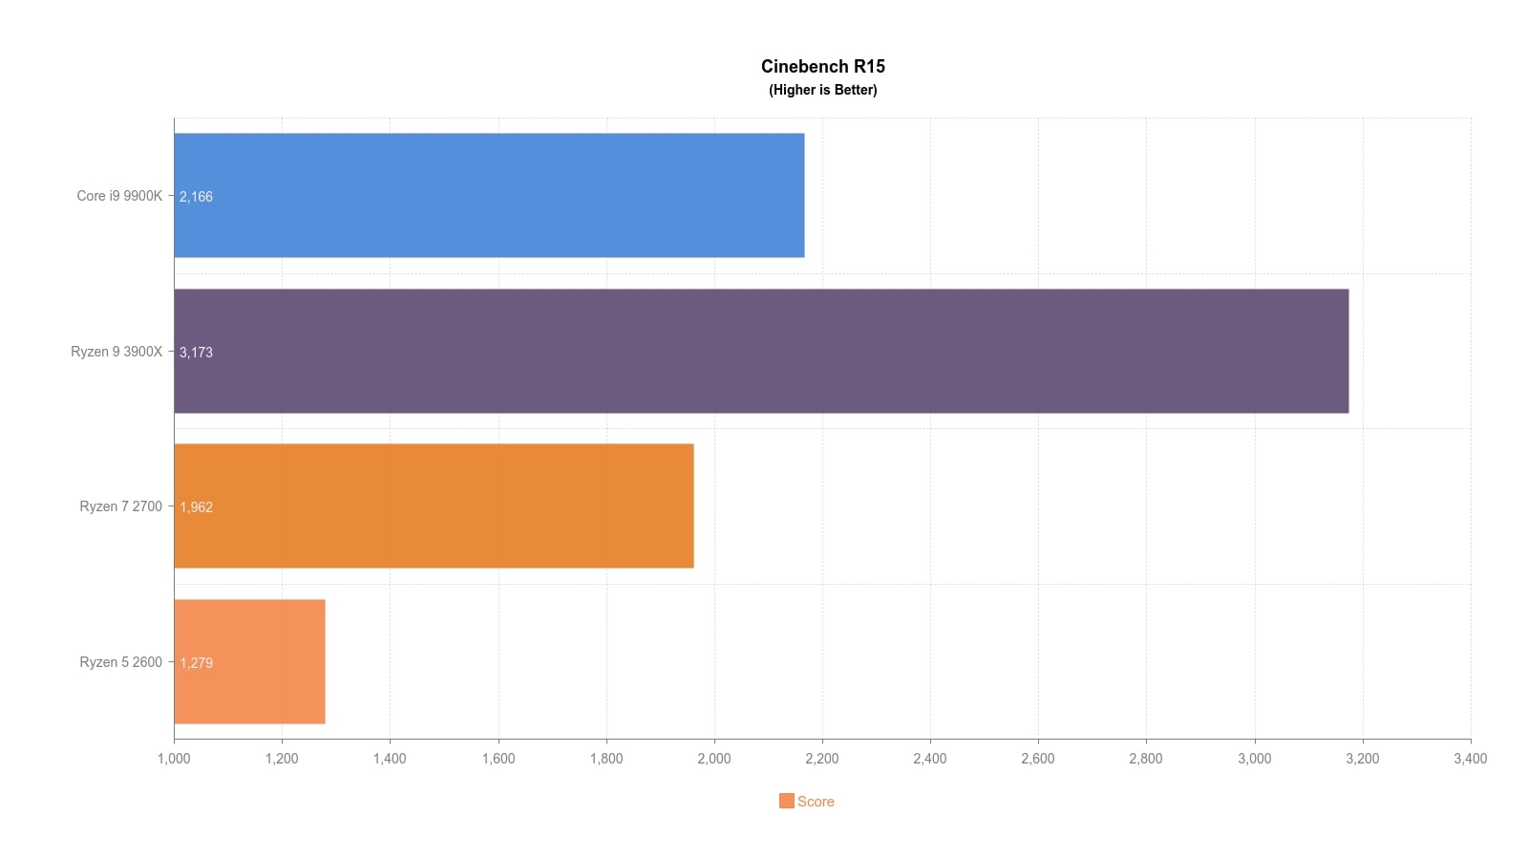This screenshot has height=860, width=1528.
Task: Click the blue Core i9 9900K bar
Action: [x=489, y=195]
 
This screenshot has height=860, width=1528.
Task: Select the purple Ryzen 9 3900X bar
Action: [x=761, y=351]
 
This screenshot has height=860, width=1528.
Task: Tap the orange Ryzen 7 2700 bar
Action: [x=434, y=505]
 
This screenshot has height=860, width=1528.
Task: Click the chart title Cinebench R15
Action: [x=822, y=66]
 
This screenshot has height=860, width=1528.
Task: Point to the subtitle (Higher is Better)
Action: [x=822, y=90]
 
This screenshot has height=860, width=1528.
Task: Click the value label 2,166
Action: [x=196, y=197]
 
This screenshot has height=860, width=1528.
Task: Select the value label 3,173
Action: [x=196, y=353]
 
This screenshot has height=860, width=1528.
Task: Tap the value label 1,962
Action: [x=196, y=507]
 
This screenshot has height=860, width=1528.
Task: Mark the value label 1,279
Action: [x=196, y=663]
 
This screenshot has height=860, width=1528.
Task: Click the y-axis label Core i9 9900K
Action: [x=119, y=196]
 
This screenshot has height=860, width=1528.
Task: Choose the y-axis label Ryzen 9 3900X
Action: [x=117, y=352]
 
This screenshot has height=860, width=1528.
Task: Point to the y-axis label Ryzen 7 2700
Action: [x=121, y=506]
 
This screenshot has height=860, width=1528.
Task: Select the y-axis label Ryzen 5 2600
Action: [x=121, y=662]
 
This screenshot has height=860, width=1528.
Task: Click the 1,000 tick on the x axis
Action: [x=174, y=759]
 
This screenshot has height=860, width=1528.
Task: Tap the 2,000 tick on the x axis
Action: [x=714, y=759]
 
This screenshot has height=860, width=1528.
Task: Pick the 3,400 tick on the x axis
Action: [x=1470, y=759]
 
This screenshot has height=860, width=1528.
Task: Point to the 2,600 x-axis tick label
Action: [x=1038, y=759]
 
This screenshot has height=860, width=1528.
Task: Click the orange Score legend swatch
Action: [x=786, y=801]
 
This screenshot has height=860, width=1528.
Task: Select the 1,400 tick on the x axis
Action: [x=390, y=759]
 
